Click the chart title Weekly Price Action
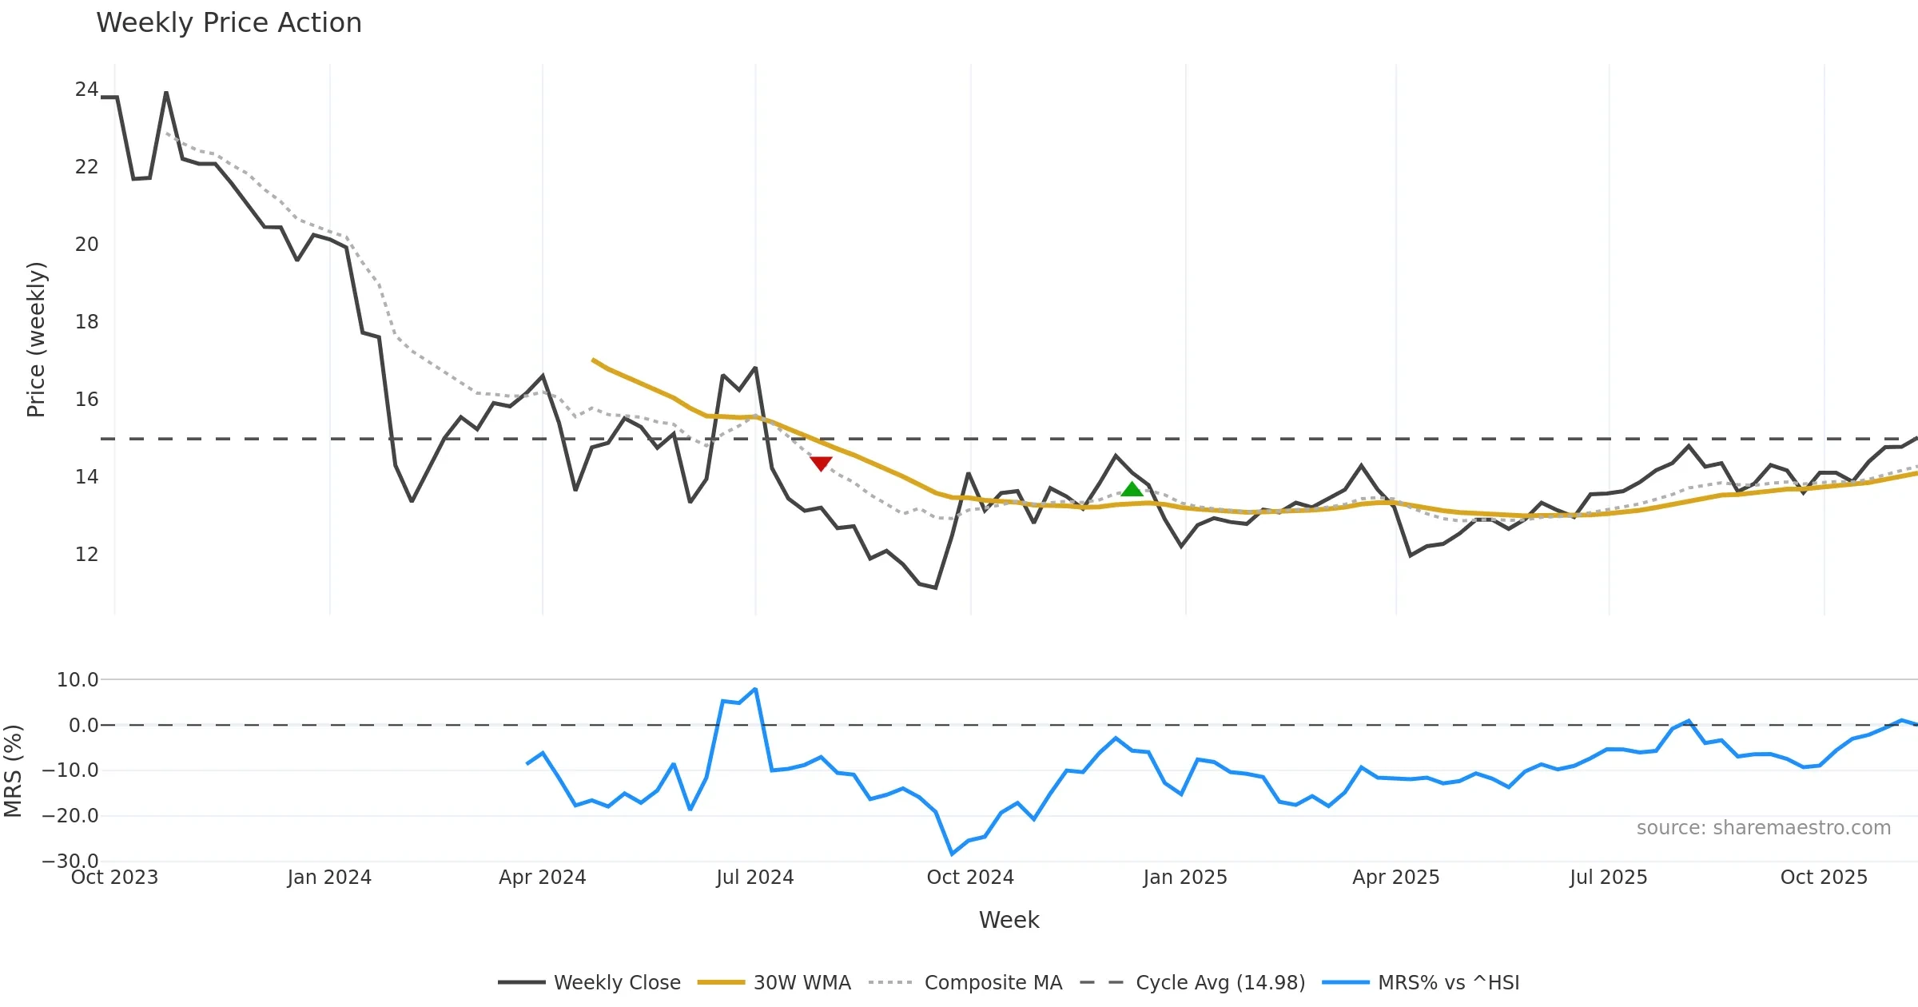coord(229,23)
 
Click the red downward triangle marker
coord(821,464)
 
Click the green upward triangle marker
coord(1132,489)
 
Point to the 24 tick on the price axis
coord(86,90)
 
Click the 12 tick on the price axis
coord(86,555)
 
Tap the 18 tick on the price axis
coord(86,322)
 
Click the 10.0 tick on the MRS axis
coord(78,680)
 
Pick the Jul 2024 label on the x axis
coord(754,878)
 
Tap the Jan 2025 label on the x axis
coord(1184,878)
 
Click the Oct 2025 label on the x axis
coord(1824,878)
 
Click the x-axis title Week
coord(1009,921)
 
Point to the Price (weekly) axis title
coord(37,340)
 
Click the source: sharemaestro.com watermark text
coord(1763,828)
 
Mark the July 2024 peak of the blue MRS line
coord(755,689)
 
